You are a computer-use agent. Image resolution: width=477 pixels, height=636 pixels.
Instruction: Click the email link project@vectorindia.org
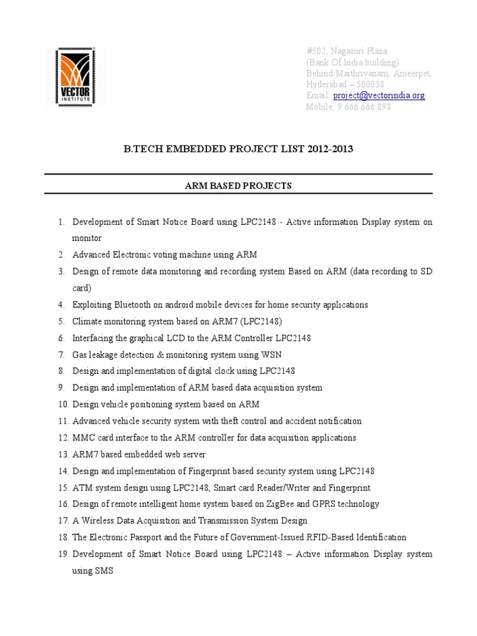(379, 96)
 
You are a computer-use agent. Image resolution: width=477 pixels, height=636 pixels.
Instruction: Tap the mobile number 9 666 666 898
(364, 107)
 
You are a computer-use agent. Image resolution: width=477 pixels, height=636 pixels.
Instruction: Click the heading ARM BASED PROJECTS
(238, 186)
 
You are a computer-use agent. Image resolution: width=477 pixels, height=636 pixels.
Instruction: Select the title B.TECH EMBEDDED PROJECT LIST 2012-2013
(238, 150)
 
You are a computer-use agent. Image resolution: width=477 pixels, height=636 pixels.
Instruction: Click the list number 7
(61, 355)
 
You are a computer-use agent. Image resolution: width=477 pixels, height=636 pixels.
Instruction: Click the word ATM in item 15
(81, 488)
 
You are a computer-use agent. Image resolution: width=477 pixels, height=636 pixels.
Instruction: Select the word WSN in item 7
(272, 355)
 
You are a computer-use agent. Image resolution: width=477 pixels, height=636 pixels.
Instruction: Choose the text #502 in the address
(317, 51)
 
